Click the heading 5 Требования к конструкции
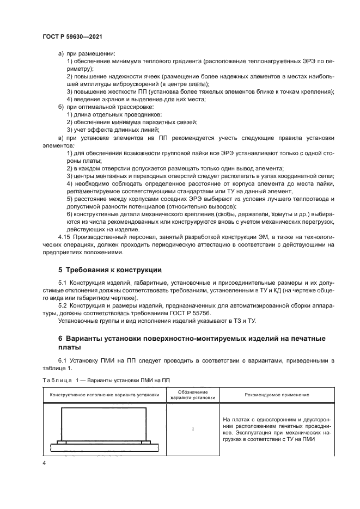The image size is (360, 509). [109, 270]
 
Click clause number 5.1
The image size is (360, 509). [63, 284]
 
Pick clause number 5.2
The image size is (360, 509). [63, 305]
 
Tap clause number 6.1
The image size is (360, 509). [63, 361]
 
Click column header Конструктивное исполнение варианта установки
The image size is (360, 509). [105, 395]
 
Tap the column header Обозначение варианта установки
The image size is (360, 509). [193, 395]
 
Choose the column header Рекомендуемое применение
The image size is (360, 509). [277, 395]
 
